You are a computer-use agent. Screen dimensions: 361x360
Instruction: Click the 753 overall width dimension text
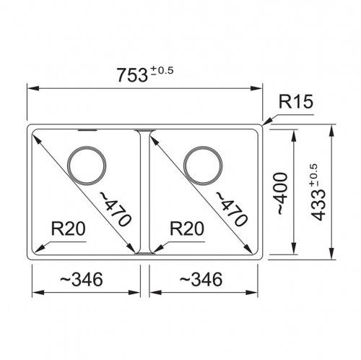[x=132, y=75]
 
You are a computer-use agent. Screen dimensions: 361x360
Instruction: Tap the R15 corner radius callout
[x=296, y=101]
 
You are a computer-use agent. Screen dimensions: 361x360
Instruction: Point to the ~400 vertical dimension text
[x=282, y=194]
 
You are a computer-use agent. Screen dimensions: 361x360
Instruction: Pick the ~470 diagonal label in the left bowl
[x=116, y=209]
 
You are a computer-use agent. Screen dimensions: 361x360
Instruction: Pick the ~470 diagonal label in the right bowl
[x=231, y=209]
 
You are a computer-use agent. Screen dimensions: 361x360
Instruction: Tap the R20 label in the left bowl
[x=69, y=228]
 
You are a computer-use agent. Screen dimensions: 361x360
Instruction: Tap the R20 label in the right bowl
[x=187, y=228]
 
